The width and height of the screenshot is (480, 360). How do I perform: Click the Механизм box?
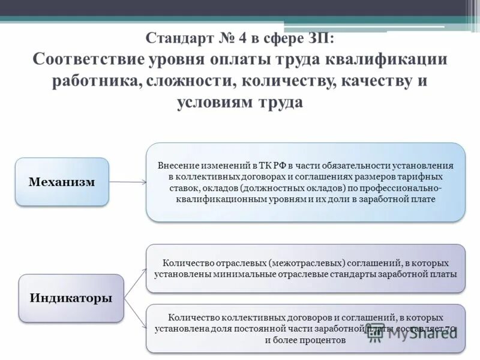tap(62, 182)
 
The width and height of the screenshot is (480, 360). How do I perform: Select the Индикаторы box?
tap(71, 298)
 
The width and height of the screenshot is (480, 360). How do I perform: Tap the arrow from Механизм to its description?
tap(128, 181)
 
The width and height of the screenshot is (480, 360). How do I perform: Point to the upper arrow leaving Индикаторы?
tap(136, 282)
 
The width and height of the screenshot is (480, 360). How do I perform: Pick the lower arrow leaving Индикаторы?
tap(136, 314)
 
